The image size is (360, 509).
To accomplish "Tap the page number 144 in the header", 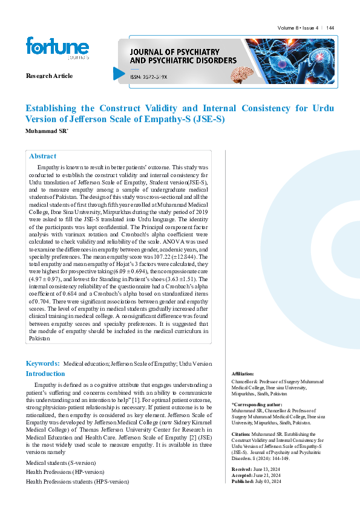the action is (330, 28).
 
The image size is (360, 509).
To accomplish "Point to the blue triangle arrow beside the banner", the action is (118, 73).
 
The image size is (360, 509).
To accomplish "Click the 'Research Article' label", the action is (49, 76).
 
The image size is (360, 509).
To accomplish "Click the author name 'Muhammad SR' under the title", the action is (46, 131).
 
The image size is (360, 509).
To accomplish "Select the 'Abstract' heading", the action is (42, 156).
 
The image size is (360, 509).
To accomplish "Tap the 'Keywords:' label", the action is (42, 363).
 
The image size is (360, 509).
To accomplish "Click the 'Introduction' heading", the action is (45, 374).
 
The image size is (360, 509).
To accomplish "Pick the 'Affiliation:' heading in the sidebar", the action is (243, 374).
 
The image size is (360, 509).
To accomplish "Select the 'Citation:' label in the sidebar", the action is (241, 434).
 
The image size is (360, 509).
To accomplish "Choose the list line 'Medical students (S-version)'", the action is (61, 462).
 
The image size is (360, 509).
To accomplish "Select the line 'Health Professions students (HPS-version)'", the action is (77, 481).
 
